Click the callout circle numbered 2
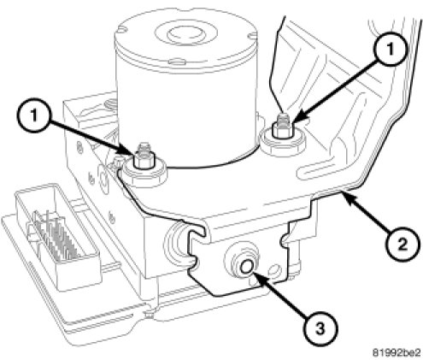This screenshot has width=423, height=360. coord(402,245)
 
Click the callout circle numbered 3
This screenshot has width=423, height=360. coord(320,329)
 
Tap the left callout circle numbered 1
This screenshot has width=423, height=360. coord(34,116)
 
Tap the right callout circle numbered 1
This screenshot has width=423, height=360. coord(390,49)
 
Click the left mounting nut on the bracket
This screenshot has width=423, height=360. coord(144,160)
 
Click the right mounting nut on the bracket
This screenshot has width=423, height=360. coord(283,128)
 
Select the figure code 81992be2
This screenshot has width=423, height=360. coord(397,352)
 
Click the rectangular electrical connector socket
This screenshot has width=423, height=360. coord(58,236)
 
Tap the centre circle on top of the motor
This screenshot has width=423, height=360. coord(185,35)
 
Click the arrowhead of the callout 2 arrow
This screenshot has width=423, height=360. coord(348,197)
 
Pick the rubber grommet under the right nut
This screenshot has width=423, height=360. coord(284,143)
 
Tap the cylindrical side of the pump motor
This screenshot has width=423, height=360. coord(185,114)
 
